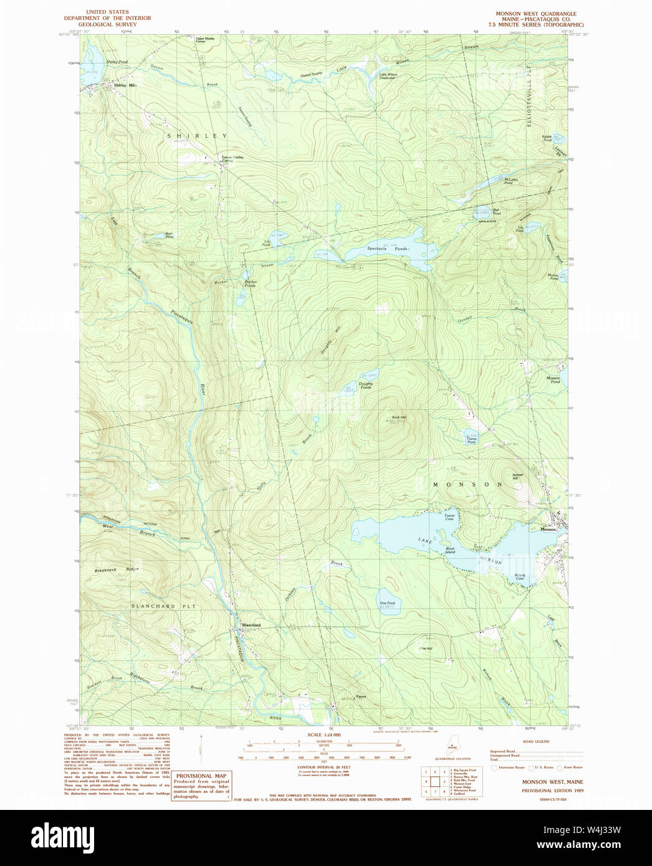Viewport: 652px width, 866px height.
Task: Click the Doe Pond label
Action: coord(387,604)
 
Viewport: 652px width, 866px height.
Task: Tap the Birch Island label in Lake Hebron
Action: coord(449,550)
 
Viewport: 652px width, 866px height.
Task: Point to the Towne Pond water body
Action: coord(471,434)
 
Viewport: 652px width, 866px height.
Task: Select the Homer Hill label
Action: coord(519,476)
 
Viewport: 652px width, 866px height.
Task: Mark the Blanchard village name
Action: coord(251,625)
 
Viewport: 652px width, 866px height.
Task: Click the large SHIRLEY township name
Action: coord(196,135)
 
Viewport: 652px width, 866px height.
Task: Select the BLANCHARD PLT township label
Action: coord(154,606)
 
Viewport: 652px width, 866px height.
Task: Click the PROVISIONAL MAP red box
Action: coord(201,785)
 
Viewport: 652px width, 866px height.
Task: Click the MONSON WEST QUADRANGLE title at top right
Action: coord(535,13)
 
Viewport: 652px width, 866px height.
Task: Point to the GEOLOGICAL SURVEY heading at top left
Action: coord(108,25)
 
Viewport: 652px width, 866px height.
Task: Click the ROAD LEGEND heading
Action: coord(535,742)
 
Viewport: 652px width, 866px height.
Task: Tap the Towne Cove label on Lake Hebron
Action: coord(449,517)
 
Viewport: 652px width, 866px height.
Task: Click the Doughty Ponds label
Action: coord(365,385)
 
